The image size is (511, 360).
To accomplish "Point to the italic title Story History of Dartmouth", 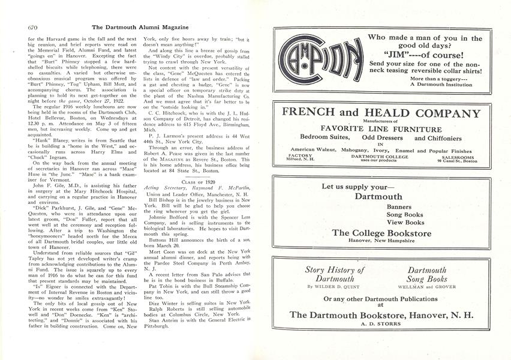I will tap(335, 274).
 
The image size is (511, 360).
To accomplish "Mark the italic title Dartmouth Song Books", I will tap(427, 274).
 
